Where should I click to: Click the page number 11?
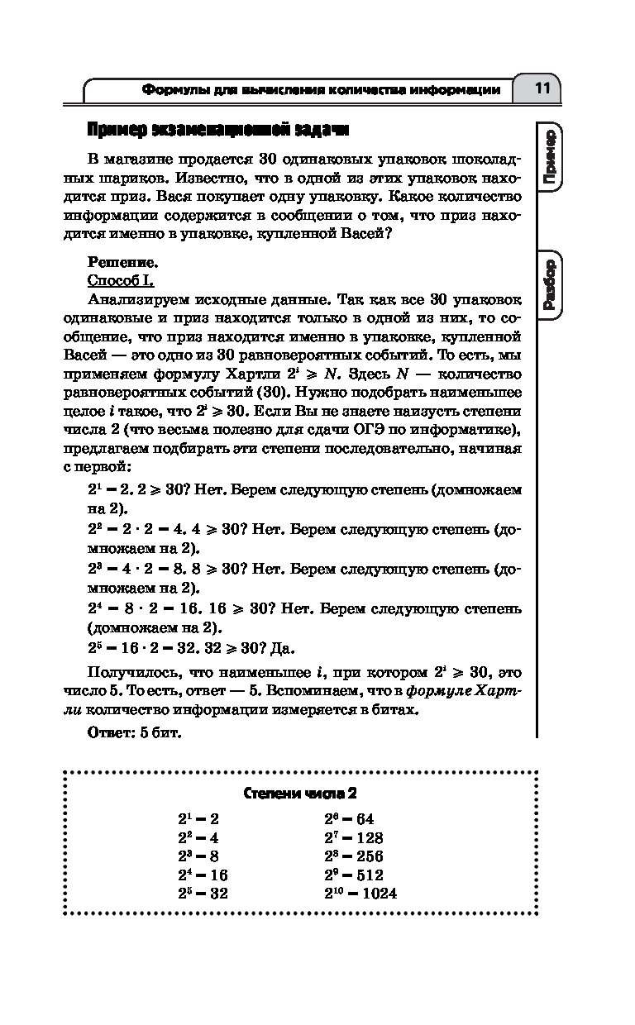pyautogui.click(x=542, y=88)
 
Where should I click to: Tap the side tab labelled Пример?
pyautogui.click(x=549, y=156)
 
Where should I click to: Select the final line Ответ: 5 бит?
pyautogui.click(x=134, y=732)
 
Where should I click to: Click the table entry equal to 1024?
pyautogui.click(x=360, y=894)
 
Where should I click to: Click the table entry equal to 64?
pyautogui.click(x=349, y=819)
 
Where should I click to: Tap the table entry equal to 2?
pyautogui.click(x=198, y=819)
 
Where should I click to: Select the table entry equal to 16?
pyautogui.click(x=203, y=875)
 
